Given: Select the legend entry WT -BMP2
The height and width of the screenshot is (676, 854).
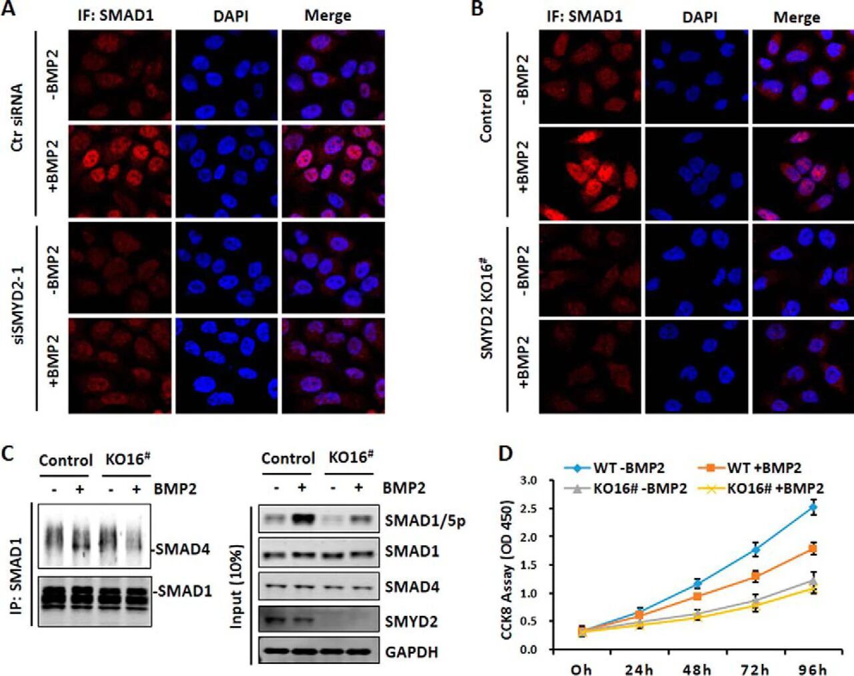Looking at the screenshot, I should [x=628, y=468].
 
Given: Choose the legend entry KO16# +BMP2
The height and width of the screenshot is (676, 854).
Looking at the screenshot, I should [x=775, y=488].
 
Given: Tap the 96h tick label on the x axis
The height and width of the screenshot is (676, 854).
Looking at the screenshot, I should [x=812, y=669].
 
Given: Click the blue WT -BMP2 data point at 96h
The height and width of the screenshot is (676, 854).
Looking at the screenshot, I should [x=813, y=508].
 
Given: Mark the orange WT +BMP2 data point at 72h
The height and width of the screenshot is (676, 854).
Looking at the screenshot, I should [x=755, y=576].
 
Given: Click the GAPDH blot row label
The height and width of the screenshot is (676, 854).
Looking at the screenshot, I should [x=411, y=651].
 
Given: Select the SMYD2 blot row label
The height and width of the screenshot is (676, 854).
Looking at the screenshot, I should [x=411, y=621].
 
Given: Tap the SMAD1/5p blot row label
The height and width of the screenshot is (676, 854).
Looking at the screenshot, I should [x=425, y=521].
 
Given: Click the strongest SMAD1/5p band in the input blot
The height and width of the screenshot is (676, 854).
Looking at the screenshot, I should [x=302, y=519].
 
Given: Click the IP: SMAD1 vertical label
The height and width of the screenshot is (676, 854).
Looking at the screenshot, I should [x=17, y=575].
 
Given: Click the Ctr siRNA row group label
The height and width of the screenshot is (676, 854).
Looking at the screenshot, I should [x=18, y=117].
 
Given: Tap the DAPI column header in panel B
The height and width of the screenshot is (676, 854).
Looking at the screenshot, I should [x=699, y=17].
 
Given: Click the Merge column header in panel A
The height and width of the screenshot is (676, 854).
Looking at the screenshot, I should [x=328, y=15].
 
